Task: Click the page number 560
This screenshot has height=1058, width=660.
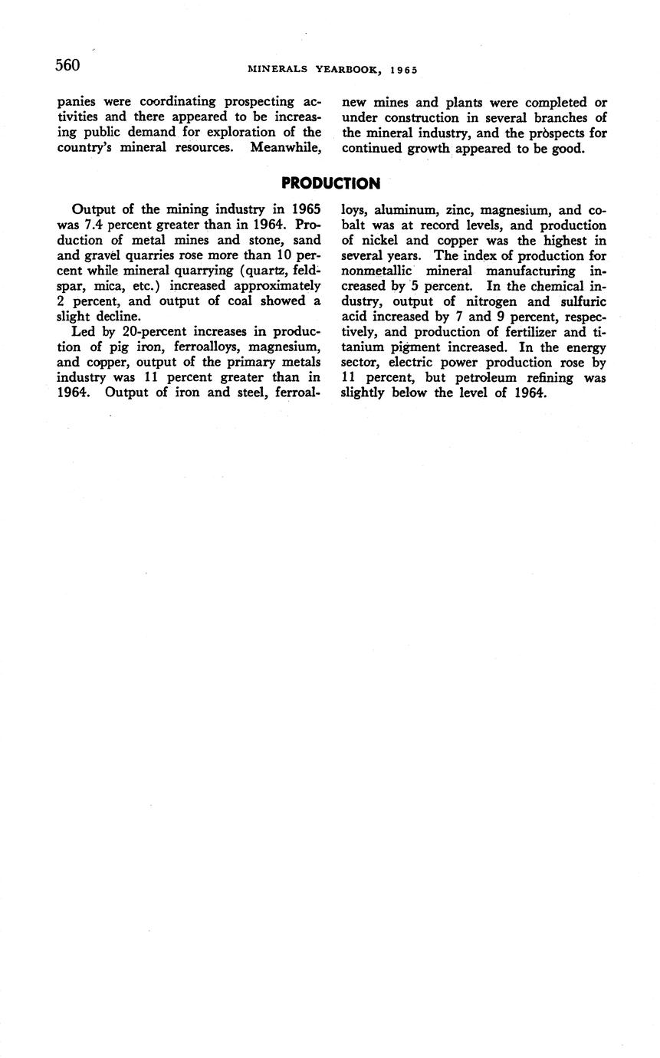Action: (67, 65)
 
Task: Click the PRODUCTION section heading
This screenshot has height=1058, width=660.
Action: (330, 183)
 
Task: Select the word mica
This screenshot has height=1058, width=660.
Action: (105, 286)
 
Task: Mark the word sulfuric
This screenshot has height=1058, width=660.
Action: (582, 301)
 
